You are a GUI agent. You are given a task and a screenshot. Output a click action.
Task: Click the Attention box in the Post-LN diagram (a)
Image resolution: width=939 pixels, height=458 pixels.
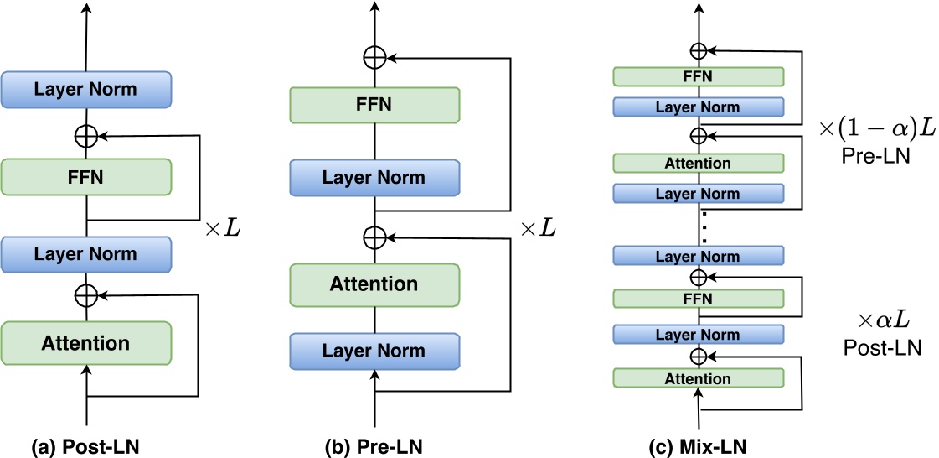86,343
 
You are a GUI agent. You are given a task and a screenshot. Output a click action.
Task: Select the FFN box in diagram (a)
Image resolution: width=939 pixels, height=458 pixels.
86,178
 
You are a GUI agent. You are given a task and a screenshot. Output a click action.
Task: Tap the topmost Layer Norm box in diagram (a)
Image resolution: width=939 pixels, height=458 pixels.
86,89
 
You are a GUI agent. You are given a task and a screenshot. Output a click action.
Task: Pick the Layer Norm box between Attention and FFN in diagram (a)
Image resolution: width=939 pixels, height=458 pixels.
86,254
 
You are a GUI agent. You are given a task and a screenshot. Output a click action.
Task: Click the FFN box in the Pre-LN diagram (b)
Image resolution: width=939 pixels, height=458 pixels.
374,106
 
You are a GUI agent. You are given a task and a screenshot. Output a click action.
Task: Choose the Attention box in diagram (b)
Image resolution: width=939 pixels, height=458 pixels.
374,284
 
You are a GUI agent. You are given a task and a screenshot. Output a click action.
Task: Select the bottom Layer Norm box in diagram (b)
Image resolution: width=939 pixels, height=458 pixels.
374,351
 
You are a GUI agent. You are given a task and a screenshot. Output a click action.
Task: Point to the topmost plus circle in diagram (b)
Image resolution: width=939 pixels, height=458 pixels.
374,58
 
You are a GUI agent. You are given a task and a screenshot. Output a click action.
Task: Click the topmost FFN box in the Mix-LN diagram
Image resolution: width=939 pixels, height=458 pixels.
698,76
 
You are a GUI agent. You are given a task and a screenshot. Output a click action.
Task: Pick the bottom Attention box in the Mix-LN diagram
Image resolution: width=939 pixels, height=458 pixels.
698,379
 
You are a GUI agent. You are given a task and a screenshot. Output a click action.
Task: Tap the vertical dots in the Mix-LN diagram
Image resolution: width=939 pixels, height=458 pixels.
704,226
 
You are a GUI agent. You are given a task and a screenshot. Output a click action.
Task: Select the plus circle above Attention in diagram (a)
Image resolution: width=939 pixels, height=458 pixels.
86,294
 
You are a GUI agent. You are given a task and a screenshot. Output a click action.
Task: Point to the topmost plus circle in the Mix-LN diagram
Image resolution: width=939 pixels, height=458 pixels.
698,51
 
